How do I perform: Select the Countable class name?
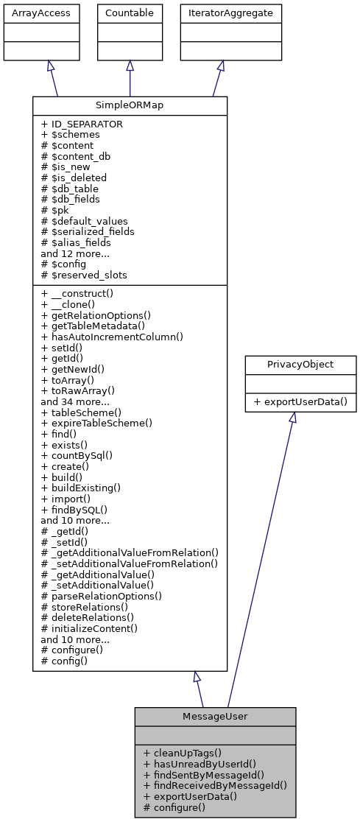(x=130, y=13)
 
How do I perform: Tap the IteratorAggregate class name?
(x=220, y=13)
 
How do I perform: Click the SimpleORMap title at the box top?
(x=130, y=105)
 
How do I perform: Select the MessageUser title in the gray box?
(x=215, y=717)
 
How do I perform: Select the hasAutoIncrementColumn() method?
(x=111, y=337)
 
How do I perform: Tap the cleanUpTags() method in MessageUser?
(x=182, y=753)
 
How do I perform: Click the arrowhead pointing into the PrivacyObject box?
(x=292, y=417)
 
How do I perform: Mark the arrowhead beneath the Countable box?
(x=130, y=66)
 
